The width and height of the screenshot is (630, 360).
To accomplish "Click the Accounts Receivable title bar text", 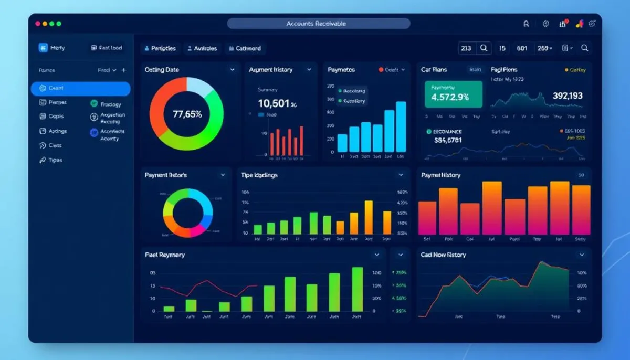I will tap(316, 24).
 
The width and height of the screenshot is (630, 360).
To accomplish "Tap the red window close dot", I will tap(38, 24).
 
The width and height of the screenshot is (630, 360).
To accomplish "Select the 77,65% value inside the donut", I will tap(187, 114).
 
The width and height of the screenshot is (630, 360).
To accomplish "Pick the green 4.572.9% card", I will tap(453, 94).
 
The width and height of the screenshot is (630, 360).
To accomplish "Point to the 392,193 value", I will tap(567, 96).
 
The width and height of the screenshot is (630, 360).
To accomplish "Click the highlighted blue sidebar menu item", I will tap(80, 88).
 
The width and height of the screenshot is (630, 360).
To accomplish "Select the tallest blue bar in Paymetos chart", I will tap(401, 126).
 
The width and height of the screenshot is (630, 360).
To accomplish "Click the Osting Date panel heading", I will tap(162, 70).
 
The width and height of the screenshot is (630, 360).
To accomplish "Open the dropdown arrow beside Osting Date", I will tap(232, 70).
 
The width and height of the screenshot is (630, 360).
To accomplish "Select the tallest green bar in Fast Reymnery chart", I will tap(357, 290).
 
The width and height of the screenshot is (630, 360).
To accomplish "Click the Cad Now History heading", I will tap(443, 255).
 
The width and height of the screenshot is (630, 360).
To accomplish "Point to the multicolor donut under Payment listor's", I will tap(187, 213).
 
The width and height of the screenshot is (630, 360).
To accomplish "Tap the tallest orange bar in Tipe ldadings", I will tap(369, 217).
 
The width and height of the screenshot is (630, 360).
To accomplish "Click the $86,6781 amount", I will tap(448, 140).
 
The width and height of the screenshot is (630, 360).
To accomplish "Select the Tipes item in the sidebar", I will tap(55, 160).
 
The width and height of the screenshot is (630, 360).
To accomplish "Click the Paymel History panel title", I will tap(440, 175).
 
